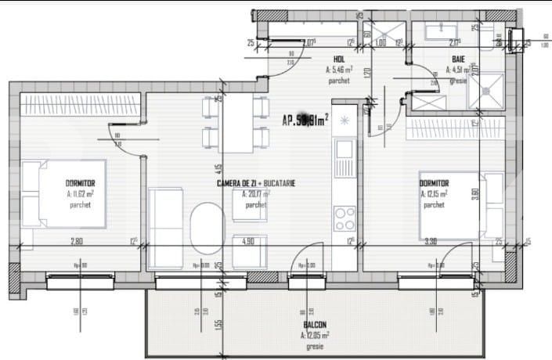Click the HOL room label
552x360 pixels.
point(339,59)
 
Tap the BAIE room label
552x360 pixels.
point(458,59)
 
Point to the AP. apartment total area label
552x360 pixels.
point(305,120)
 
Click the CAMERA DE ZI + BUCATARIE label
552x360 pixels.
point(256,182)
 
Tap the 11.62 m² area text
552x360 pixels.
point(81,193)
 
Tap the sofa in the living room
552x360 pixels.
point(166,227)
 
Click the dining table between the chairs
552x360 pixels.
point(236,128)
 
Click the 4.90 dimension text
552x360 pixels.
point(249,241)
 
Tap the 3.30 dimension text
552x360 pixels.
point(430,241)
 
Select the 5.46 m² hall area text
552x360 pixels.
point(338,70)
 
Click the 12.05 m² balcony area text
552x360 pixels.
point(315,334)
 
